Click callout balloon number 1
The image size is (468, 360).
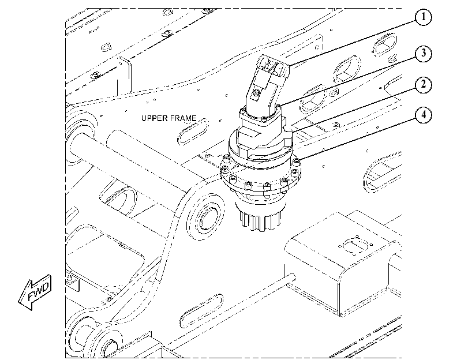point(423,17)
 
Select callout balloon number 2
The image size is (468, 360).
point(423,85)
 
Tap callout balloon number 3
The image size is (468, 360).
point(423,54)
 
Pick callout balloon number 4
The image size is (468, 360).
point(423,115)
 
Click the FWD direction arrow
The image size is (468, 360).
point(35,292)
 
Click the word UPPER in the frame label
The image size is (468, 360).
point(154,118)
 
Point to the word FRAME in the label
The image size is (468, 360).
point(184,118)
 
